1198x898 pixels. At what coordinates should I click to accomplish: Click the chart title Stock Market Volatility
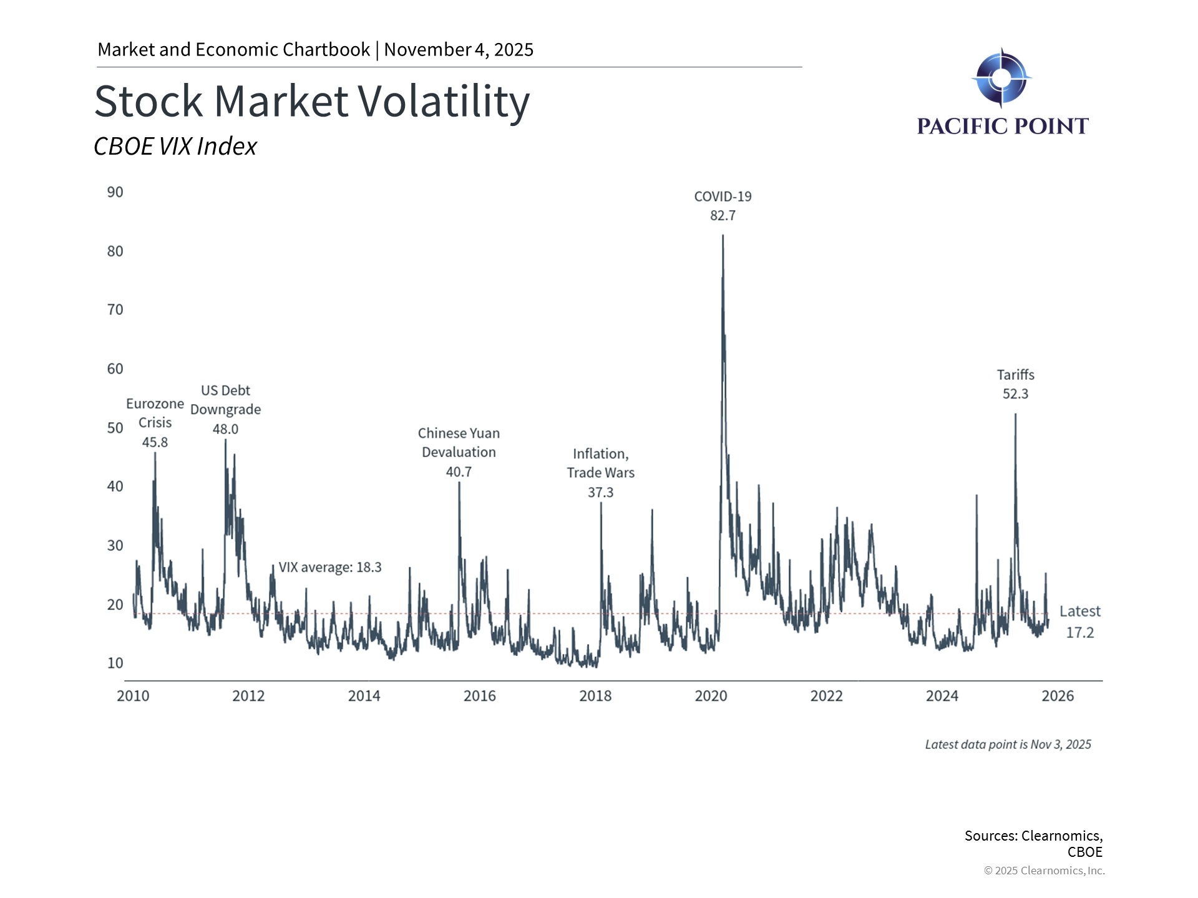pyautogui.click(x=312, y=101)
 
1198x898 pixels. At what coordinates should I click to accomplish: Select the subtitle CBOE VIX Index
pyautogui.click(x=175, y=147)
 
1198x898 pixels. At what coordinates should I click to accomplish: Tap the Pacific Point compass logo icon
pyautogui.click(x=1001, y=78)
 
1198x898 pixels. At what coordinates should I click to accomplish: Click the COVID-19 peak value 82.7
pyautogui.click(x=723, y=216)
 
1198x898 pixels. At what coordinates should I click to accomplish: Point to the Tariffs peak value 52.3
pyautogui.click(x=1015, y=394)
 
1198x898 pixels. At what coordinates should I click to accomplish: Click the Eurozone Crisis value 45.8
pyautogui.click(x=155, y=442)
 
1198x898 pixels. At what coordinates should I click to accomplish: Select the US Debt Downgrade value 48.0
pyautogui.click(x=225, y=429)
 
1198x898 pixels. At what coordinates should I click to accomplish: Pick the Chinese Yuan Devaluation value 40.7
pyautogui.click(x=459, y=472)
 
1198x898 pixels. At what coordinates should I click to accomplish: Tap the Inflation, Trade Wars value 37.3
pyautogui.click(x=600, y=493)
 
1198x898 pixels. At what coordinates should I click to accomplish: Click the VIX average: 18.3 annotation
pyautogui.click(x=329, y=567)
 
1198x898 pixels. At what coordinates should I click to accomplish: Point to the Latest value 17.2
pyautogui.click(x=1079, y=632)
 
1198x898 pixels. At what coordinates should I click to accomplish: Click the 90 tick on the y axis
pyautogui.click(x=115, y=192)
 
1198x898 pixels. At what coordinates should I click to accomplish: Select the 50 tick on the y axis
pyautogui.click(x=115, y=428)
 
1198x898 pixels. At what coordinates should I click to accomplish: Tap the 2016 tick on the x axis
pyautogui.click(x=479, y=696)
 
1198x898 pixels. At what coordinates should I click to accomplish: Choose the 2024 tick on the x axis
pyautogui.click(x=942, y=696)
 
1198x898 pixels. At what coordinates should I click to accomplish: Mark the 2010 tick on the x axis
pyautogui.click(x=133, y=696)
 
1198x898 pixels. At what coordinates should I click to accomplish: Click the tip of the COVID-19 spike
pyautogui.click(x=723, y=236)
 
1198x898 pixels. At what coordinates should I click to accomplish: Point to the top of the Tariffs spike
pyautogui.click(x=1015, y=415)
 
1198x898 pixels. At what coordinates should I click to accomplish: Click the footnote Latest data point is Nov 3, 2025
pyautogui.click(x=1008, y=745)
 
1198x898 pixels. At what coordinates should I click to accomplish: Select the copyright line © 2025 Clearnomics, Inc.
pyautogui.click(x=1044, y=871)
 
